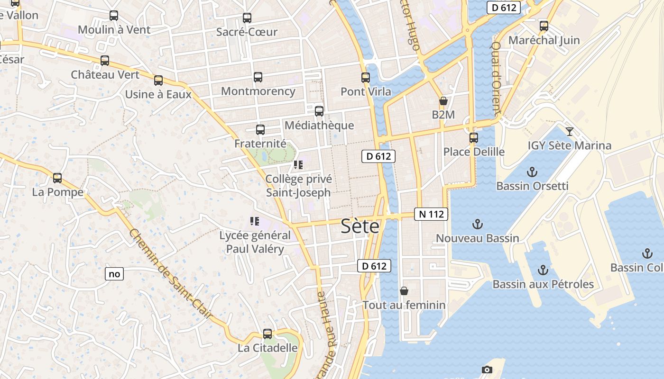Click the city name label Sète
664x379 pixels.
tap(360, 227)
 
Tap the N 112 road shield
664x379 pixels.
tap(431, 214)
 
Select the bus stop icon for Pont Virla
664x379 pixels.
tap(366, 78)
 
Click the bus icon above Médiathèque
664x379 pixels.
tap(319, 111)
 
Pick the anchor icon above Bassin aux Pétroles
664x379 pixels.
tap(543, 270)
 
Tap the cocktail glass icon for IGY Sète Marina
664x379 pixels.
tap(570, 131)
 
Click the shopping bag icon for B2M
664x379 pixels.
tap(443, 101)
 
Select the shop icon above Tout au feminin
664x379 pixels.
tap(404, 291)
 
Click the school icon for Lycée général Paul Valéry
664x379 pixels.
tap(254, 221)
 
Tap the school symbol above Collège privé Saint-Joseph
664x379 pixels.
tap(298, 165)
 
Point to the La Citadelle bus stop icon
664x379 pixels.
tap(267, 334)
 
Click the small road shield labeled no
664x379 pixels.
tap(114, 274)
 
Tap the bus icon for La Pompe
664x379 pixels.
tap(57, 178)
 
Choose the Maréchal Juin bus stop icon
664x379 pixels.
tap(544, 26)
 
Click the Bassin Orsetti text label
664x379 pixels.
tap(532, 186)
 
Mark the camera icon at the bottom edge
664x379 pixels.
tap(487, 370)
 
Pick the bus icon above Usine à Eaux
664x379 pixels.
tap(158, 81)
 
